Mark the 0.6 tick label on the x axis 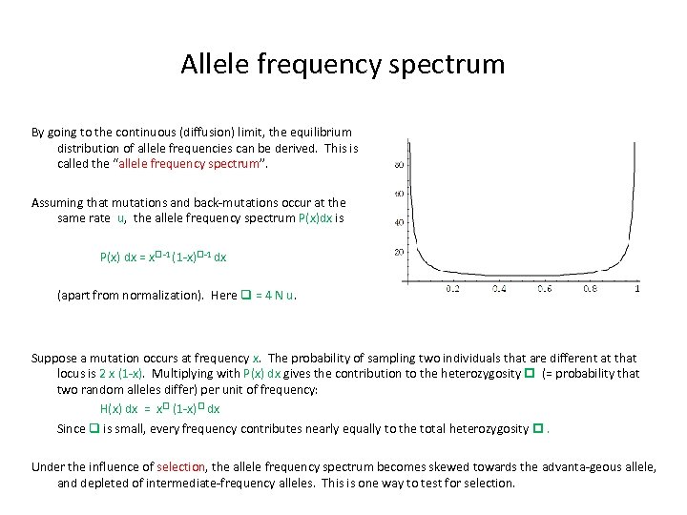(x=545, y=289)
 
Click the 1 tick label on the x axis (x=636, y=289)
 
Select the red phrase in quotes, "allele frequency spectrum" (x=211, y=164)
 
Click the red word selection (x=180, y=466)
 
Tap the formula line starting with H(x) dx (x=160, y=408)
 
